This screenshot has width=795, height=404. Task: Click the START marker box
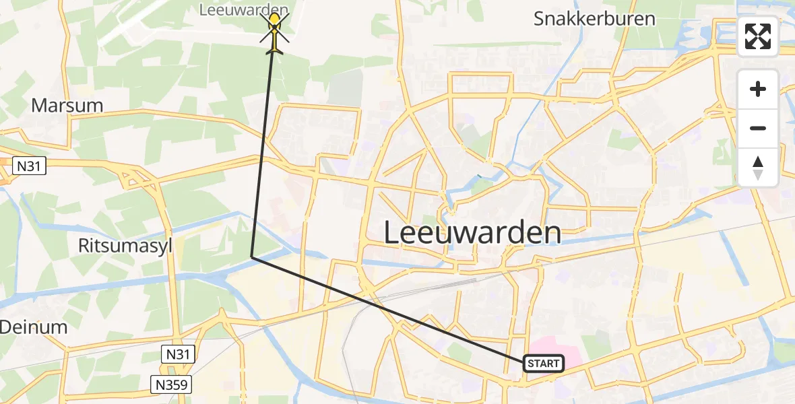coord(543,364)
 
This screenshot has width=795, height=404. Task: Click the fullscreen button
coord(758,36)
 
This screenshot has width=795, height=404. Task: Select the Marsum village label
coord(67,106)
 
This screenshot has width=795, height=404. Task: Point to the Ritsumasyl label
coord(125,246)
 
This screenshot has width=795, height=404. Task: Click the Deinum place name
coord(33,327)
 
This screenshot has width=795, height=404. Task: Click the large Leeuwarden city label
coord(472,234)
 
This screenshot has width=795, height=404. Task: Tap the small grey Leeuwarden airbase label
coord(245,9)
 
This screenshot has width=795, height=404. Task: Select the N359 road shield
coord(171,384)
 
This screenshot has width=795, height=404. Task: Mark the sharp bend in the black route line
coord(252,257)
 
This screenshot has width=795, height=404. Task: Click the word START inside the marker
coord(543,364)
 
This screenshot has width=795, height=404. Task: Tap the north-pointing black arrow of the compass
coord(758,162)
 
